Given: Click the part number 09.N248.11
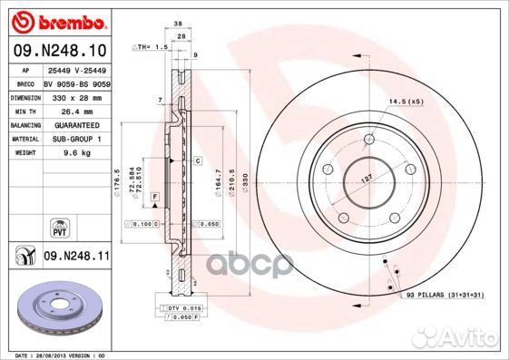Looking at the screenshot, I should (77, 257).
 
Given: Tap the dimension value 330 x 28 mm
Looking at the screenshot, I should (71, 96).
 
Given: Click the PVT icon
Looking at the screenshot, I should (60, 225).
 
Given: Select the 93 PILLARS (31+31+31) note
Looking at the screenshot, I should (445, 296).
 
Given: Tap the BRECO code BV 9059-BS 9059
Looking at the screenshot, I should (77, 83).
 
